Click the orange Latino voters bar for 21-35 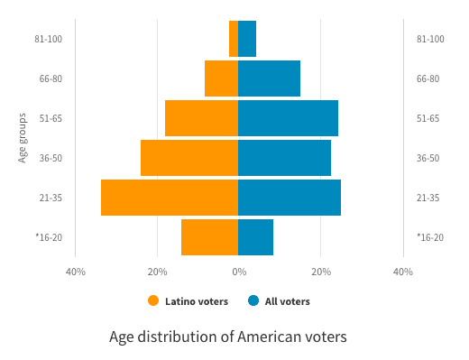coord(170,198)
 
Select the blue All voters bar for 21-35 coord(290,198)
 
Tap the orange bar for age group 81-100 coord(234,39)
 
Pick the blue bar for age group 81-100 coord(247,39)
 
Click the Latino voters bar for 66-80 coord(222,78)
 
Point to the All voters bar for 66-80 coord(269,78)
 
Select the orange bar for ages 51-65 coord(202,118)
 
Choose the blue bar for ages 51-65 coord(288,118)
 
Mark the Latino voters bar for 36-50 coord(189,158)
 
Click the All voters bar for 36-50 coord(284,158)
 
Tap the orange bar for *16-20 coord(210,237)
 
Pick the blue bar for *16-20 coord(255,237)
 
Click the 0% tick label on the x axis coord(238,272)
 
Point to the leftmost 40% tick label coord(76,272)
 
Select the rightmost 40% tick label coord(402,272)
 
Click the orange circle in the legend coord(153,301)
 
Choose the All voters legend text coord(287,301)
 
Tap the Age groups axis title coord(23,138)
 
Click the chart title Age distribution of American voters coord(227,337)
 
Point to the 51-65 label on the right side coord(428,118)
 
